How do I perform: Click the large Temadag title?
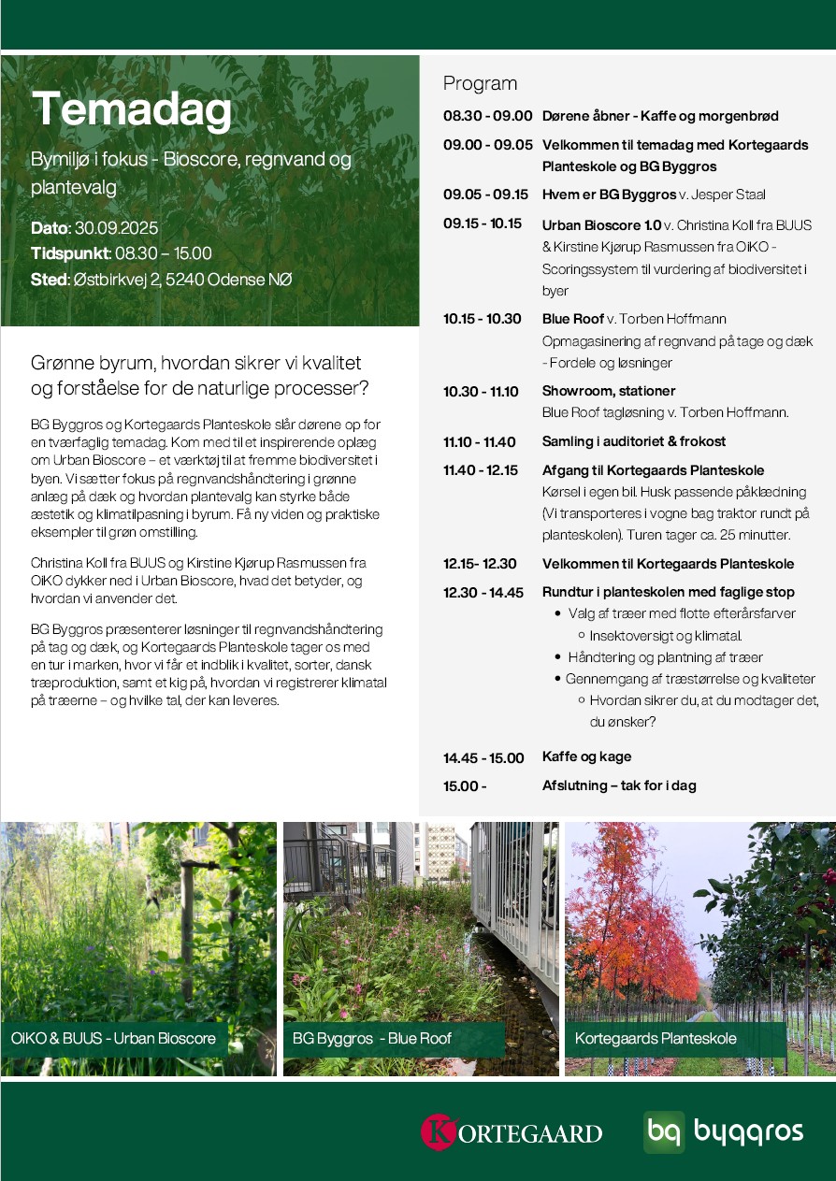tap(132, 110)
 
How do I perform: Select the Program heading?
tap(480, 83)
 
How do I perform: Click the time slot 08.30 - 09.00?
tap(487, 116)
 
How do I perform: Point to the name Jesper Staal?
tap(734, 194)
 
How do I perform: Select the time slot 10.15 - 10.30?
tap(482, 319)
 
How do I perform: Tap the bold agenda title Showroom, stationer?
tap(609, 391)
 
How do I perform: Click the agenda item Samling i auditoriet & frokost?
tap(634, 441)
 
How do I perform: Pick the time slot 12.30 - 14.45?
tap(483, 592)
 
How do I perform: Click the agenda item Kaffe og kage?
tap(586, 756)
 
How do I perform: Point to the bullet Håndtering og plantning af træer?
tap(665, 657)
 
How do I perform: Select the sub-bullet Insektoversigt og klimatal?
tap(660, 635)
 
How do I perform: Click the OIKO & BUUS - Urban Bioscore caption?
tap(113, 1039)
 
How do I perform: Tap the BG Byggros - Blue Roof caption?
tap(372, 1039)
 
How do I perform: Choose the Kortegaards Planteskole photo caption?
tap(656, 1039)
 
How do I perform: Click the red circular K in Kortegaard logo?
tap(438, 1131)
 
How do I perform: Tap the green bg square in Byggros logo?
tap(664, 1131)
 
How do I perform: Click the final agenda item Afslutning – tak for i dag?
tap(619, 785)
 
